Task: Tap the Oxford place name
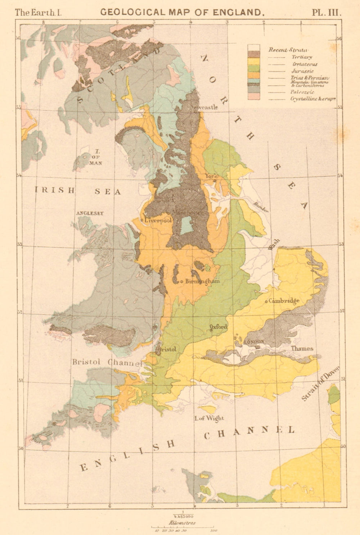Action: [x=219, y=327]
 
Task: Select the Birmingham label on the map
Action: [x=202, y=281]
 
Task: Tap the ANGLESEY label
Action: [x=90, y=213]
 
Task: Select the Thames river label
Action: [x=302, y=348]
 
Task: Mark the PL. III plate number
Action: [x=326, y=12]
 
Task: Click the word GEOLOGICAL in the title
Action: [x=131, y=12]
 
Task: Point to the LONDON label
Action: [x=254, y=341]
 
